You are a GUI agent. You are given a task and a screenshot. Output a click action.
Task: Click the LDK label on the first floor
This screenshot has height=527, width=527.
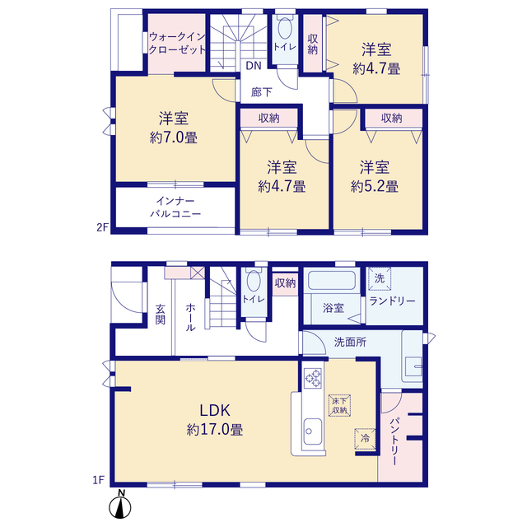215,410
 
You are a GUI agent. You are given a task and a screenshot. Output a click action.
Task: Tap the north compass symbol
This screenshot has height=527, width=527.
120,504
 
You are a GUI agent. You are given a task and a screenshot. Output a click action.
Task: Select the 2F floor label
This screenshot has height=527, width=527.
102,227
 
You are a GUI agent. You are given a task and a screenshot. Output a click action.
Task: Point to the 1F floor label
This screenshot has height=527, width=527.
99,480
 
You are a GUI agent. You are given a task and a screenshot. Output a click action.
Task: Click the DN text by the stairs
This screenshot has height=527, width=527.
254,66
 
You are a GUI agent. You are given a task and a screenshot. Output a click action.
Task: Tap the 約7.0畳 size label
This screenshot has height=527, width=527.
174,138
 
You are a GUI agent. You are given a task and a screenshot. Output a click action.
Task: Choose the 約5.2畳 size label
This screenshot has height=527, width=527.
375,186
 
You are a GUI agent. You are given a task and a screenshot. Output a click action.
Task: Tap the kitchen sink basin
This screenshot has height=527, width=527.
313,431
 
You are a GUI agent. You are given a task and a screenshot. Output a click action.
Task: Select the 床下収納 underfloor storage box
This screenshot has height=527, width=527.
339,406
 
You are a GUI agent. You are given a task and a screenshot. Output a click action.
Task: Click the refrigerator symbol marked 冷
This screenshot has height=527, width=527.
365,439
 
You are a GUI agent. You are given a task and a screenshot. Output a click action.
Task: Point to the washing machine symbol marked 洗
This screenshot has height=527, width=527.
380,278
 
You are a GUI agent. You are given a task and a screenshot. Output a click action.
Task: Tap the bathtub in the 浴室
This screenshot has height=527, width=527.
332,281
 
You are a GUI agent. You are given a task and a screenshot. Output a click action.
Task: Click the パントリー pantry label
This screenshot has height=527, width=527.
394,441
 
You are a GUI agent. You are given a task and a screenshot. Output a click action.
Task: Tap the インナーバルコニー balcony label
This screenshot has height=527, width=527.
175,208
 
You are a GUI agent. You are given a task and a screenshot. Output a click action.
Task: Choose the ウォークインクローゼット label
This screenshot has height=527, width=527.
177,43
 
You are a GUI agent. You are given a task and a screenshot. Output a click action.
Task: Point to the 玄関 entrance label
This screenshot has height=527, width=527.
161,315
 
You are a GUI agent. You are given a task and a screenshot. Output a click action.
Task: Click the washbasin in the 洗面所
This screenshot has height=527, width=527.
413,366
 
